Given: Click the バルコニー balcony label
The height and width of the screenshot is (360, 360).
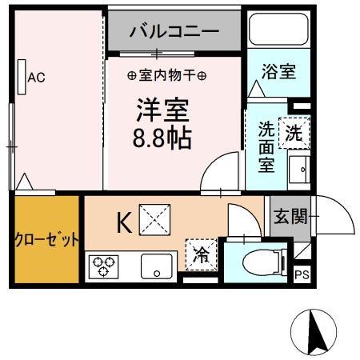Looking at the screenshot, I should coord(174,33).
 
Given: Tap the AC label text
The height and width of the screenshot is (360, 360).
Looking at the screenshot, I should coord(37,78).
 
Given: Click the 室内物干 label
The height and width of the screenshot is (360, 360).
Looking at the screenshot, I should coord(168,76).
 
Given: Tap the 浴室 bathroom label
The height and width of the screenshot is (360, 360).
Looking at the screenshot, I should coord(279,71).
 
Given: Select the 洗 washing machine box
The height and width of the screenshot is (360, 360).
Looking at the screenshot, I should coord(295,132).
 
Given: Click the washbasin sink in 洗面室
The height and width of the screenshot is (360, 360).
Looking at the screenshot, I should coord(300,169).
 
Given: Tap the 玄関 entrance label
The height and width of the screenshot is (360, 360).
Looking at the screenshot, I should coord(290,216).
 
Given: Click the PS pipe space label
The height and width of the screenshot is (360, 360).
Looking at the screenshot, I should coord(302,274).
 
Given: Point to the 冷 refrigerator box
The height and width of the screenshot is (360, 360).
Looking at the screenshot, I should coord(201,254).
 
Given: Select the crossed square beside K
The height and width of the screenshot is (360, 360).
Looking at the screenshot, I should coord(153,218).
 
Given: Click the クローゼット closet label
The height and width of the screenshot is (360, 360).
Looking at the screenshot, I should coord(46,240).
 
